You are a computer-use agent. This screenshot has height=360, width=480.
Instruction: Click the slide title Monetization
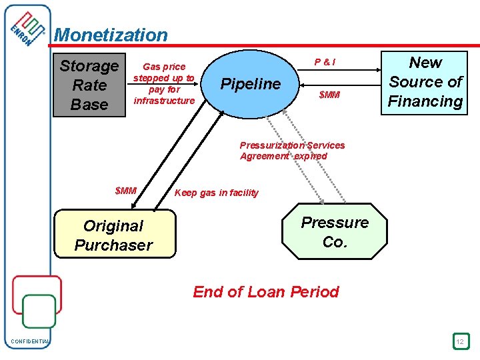tap(111, 35)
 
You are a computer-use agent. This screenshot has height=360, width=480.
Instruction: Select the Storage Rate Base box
tap(89, 85)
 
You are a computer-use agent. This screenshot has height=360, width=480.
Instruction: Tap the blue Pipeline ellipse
tap(251, 84)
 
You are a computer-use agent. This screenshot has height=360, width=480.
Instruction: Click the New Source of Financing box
tap(425, 82)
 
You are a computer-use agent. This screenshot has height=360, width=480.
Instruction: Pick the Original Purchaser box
tap(114, 235)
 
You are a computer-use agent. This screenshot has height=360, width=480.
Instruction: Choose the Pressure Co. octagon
tap(335, 232)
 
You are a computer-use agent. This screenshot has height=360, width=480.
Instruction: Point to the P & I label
tap(325, 63)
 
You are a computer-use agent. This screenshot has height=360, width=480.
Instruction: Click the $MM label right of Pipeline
tap(329, 95)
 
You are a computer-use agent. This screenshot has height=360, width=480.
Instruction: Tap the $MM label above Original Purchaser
tap(125, 191)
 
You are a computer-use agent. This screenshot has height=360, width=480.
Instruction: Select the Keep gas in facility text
tap(216, 193)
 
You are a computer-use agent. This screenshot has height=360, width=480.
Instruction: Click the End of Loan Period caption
tap(266, 292)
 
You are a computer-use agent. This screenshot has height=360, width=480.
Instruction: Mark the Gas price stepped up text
tap(164, 83)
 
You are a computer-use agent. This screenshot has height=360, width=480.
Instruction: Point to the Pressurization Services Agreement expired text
tap(292, 151)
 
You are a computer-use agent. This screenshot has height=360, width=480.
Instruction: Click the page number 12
tap(460, 342)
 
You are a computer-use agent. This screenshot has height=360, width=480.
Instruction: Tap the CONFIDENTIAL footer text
tap(30, 342)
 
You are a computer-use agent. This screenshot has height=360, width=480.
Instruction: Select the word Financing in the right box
tap(425, 101)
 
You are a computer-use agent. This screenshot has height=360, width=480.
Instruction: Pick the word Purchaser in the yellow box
tap(114, 245)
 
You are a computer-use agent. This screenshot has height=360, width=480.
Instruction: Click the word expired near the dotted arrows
tap(311, 156)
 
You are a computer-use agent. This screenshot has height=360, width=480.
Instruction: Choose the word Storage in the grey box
tap(89, 66)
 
